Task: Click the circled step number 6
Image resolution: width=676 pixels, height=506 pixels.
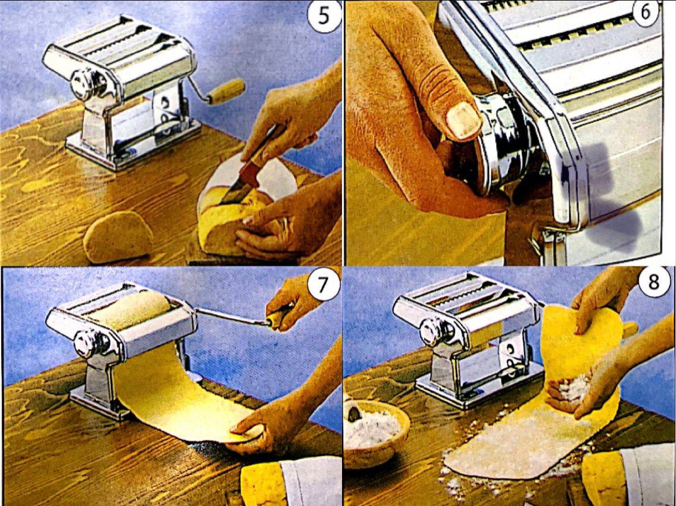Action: pyautogui.click(x=645, y=13)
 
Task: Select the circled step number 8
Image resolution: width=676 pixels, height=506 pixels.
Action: pyautogui.click(x=653, y=283)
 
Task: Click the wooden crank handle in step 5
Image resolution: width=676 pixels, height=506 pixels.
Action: pyautogui.click(x=227, y=92)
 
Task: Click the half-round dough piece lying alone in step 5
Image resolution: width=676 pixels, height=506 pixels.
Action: pyautogui.click(x=118, y=236)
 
